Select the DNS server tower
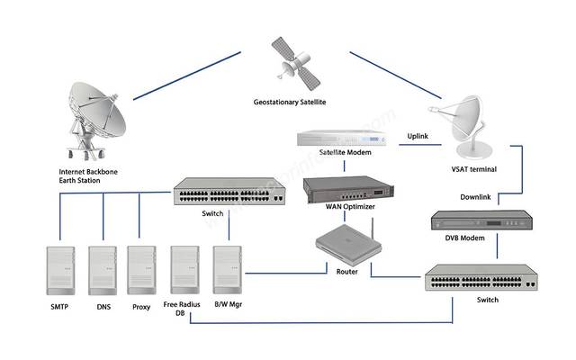pyautogui.click(x=101, y=270)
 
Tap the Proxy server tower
pyautogui.click(x=141, y=270)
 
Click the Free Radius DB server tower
pyautogui.click(x=185, y=270)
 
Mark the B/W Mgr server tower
pyautogui.click(x=227, y=270)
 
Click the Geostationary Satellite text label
pyautogui.click(x=290, y=103)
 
